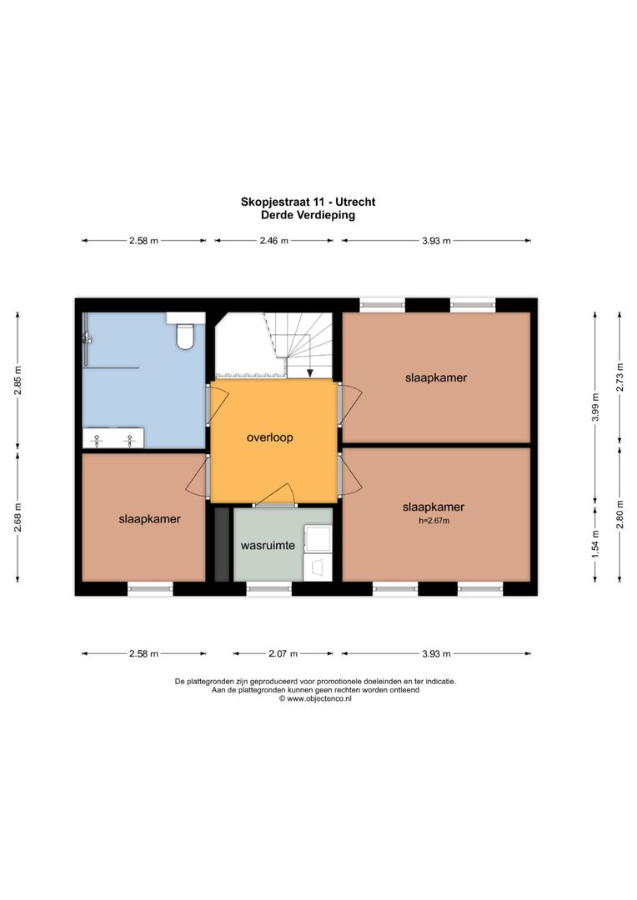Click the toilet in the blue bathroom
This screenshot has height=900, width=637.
(186, 335)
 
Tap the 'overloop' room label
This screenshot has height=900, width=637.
(269, 437)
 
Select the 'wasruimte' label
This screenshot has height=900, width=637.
(267, 546)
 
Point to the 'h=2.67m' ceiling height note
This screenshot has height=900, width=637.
(433, 521)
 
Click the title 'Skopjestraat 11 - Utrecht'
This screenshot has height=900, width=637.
(308, 202)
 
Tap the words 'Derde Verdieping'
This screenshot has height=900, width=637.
(308, 214)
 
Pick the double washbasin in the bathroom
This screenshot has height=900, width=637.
(113, 437)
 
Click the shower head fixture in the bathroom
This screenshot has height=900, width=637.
(86, 337)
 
